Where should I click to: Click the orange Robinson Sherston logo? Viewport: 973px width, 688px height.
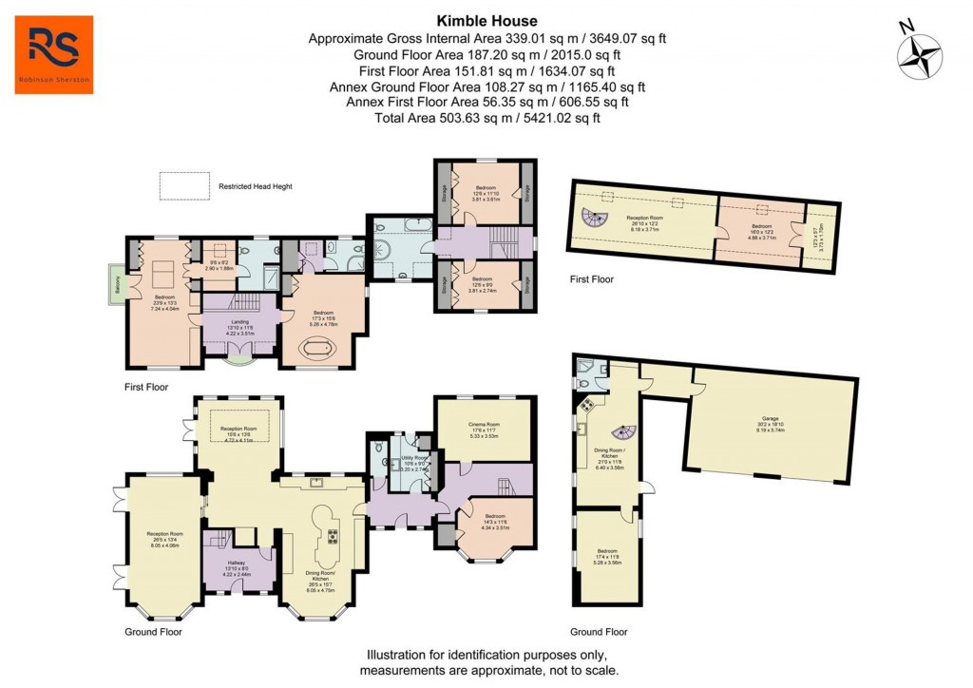pyautogui.click(x=54, y=54)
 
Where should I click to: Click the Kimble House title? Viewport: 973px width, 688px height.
pyautogui.click(x=486, y=21)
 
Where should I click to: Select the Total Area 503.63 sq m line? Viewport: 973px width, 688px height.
pyautogui.click(x=486, y=118)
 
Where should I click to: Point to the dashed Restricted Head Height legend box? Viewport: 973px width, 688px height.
pyautogui.click(x=185, y=186)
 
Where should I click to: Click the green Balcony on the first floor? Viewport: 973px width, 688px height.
pyautogui.click(x=115, y=284)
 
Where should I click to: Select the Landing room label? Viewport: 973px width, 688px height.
pyautogui.click(x=239, y=323)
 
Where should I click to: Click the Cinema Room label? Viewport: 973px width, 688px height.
pyautogui.click(x=485, y=427)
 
